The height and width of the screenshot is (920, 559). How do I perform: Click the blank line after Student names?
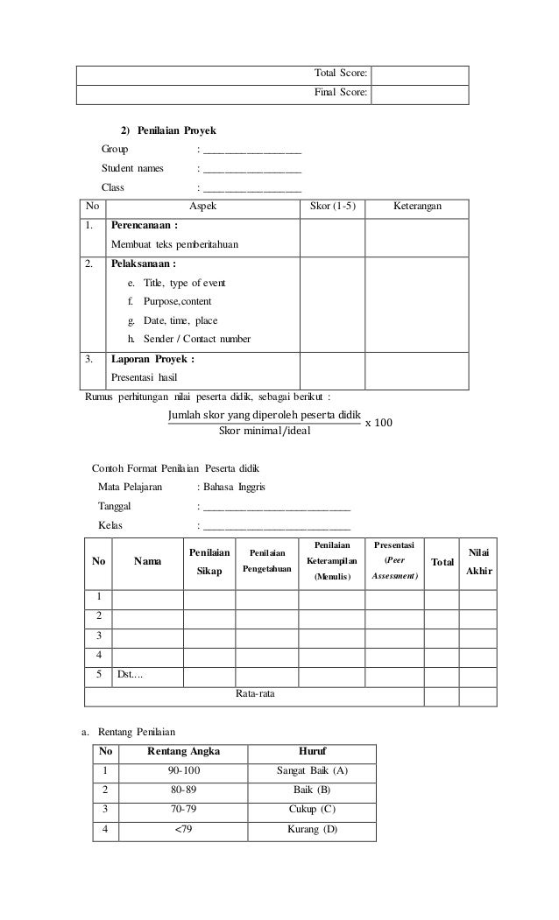[252, 168]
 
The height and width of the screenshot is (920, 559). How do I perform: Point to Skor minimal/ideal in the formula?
[264, 431]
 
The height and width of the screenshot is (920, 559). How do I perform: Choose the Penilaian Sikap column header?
[209, 562]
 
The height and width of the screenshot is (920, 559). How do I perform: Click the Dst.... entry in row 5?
[131, 673]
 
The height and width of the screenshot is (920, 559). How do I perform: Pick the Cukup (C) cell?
[312, 808]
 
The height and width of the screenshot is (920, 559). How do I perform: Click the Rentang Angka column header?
[183, 752]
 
